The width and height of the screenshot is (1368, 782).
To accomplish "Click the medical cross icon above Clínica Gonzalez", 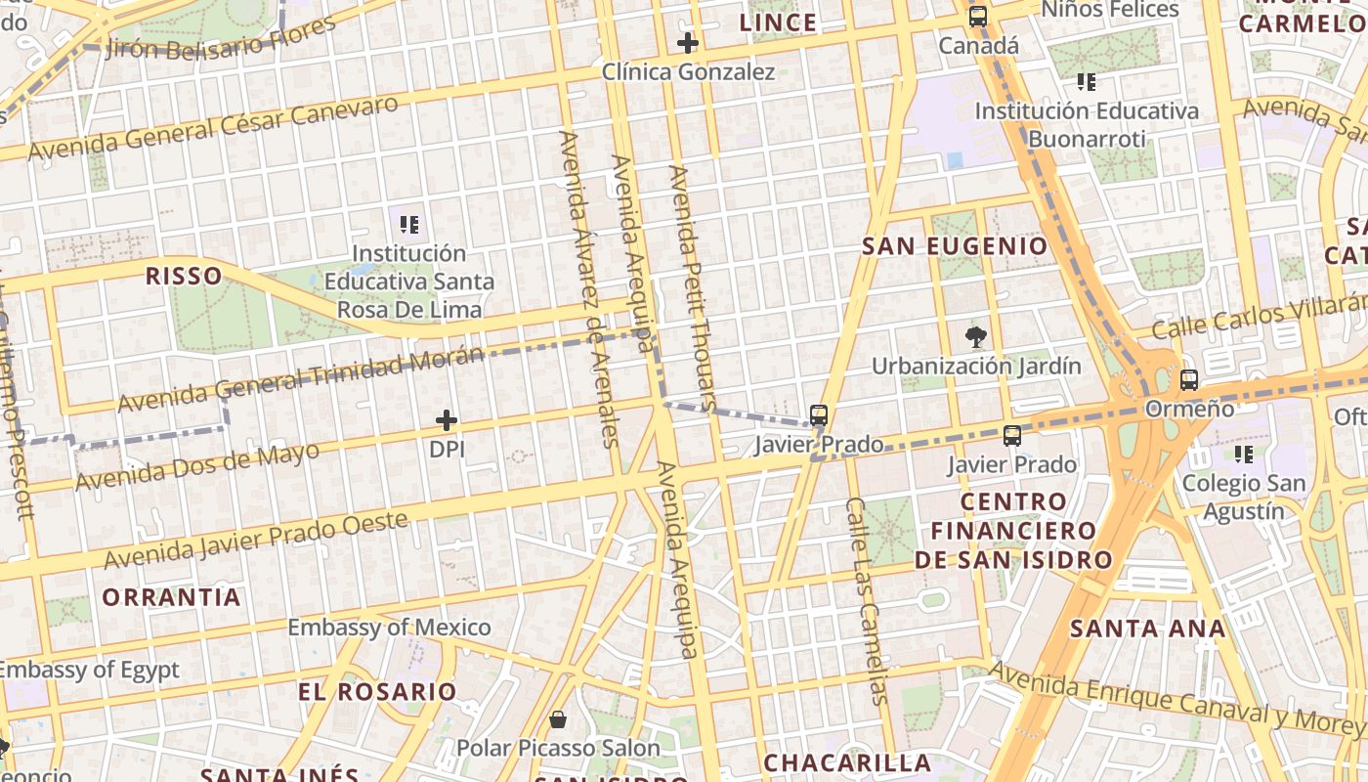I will point(688,43).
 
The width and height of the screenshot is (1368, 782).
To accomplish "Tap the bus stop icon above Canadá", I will point(978,17).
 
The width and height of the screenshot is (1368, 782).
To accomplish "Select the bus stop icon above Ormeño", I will point(1189,380).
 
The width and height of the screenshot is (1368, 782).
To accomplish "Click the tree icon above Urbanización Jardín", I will point(975,337).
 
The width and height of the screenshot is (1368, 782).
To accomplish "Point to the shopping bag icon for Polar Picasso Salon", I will point(558,720).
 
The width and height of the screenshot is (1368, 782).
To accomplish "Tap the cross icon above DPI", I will point(447,420).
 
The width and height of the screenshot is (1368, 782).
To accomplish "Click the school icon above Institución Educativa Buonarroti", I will point(1086,82).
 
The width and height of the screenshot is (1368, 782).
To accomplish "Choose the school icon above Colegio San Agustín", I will point(1244,454).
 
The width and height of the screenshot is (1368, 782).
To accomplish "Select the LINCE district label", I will point(778,22).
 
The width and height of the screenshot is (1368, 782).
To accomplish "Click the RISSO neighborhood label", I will point(184,276).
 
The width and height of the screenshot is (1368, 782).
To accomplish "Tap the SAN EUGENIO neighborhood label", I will point(955,246).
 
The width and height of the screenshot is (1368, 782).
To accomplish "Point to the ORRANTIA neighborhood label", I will point(171,597).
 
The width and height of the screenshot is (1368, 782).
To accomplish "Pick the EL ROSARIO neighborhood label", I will point(377,692).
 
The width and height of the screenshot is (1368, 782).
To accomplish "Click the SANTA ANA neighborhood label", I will point(1147,629).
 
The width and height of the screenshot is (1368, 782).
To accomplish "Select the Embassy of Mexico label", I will point(389,628).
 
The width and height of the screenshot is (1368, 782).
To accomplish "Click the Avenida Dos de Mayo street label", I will point(197,467).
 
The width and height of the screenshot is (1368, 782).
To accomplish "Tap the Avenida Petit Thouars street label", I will point(693,287).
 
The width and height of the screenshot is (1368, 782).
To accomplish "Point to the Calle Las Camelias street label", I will point(867,601).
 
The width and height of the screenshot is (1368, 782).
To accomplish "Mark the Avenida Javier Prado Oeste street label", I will point(256,541).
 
